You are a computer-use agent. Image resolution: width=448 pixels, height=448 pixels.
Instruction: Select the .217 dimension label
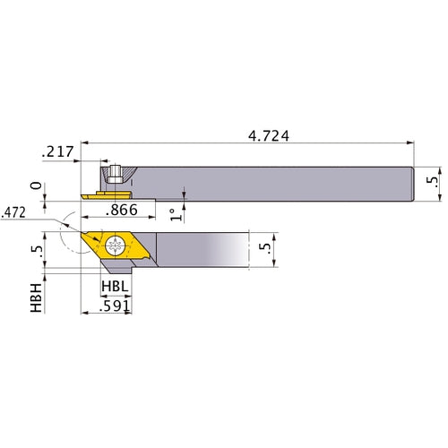click(x=56, y=154)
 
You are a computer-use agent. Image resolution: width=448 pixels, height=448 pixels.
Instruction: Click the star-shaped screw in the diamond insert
click(x=117, y=246)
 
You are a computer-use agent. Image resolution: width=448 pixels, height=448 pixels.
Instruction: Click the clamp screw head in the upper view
click(x=115, y=172)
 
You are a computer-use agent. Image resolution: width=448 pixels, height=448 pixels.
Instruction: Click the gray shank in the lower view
click(x=202, y=252)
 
